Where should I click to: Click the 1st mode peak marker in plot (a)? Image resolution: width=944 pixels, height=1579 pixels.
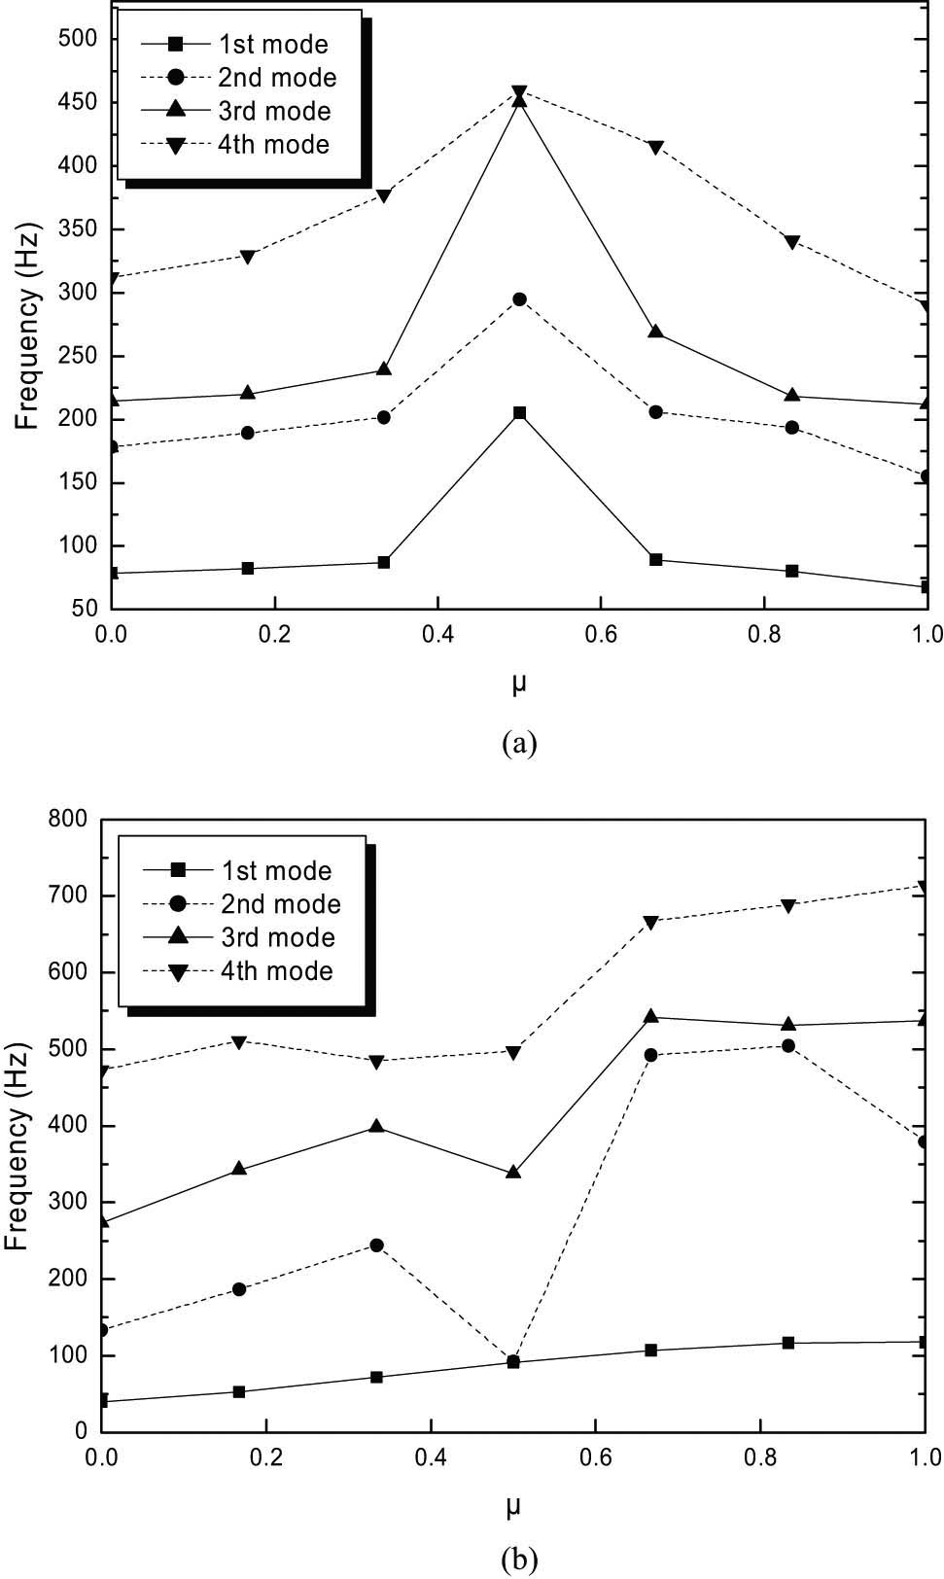pyautogui.click(x=519, y=413)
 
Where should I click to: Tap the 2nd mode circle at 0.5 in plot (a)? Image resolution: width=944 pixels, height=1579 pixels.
pyautogui.click(x=519, y=299)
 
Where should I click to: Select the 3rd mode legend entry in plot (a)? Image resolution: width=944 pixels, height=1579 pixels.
pyautogui.click(x=239, y=111)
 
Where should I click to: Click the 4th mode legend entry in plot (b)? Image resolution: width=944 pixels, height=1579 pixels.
pyautogui.click(x=241, y=971)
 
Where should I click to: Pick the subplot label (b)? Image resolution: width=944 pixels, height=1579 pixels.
pyautogui.click(x=516, y=1561)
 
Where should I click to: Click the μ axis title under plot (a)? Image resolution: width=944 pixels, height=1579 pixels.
pyautogui.click(x=519, y=684)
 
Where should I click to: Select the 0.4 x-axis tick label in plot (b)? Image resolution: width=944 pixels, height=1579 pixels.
pyautogui.click(x=430, y=1457)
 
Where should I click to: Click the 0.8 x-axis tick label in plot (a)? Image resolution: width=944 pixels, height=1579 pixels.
pyautogui.click(x=764, y=634)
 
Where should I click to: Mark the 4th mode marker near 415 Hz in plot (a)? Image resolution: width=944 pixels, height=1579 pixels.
pyautogui.click(x=655, y=147)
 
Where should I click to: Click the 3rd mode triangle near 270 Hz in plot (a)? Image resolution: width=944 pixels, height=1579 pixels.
pyautogui.click(x=655, y=333)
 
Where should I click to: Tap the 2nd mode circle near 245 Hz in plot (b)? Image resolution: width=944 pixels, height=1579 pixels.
pyautogui.click(x=376, y=1246)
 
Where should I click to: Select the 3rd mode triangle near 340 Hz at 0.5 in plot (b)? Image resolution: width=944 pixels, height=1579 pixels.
pyautogui.click(x=513, y=1173)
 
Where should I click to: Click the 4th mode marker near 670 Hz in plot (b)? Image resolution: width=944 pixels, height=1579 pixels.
pyautogui.click(x=650, y=922)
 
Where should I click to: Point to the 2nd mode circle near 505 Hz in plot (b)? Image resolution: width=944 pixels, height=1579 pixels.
pyautogui.click(x=788, y=1046)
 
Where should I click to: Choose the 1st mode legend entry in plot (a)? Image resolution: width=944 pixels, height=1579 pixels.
pyautogui.click(x=237, y=45)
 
